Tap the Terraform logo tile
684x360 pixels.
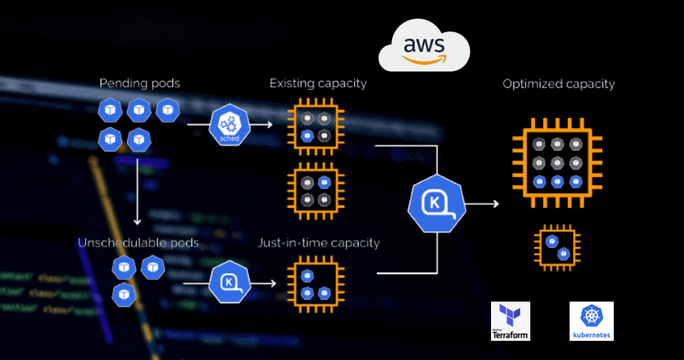tap(511, 321)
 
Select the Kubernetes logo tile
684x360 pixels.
tap(591, 321)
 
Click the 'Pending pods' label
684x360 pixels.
tap(140, 83)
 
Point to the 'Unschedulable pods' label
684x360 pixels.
tap(138, 243)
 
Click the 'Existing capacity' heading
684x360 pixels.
tap(318, 83)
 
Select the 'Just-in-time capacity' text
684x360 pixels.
tap(319, 243)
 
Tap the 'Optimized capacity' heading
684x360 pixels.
tap(559, 84)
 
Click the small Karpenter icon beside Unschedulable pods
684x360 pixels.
tap(230, 283)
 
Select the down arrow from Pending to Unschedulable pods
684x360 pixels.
tap(137, 192)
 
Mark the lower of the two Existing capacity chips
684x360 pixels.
tap(315, 191)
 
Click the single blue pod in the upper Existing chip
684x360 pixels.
tap(307, 136)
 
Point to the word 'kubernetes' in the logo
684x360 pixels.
tap(591, 335)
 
